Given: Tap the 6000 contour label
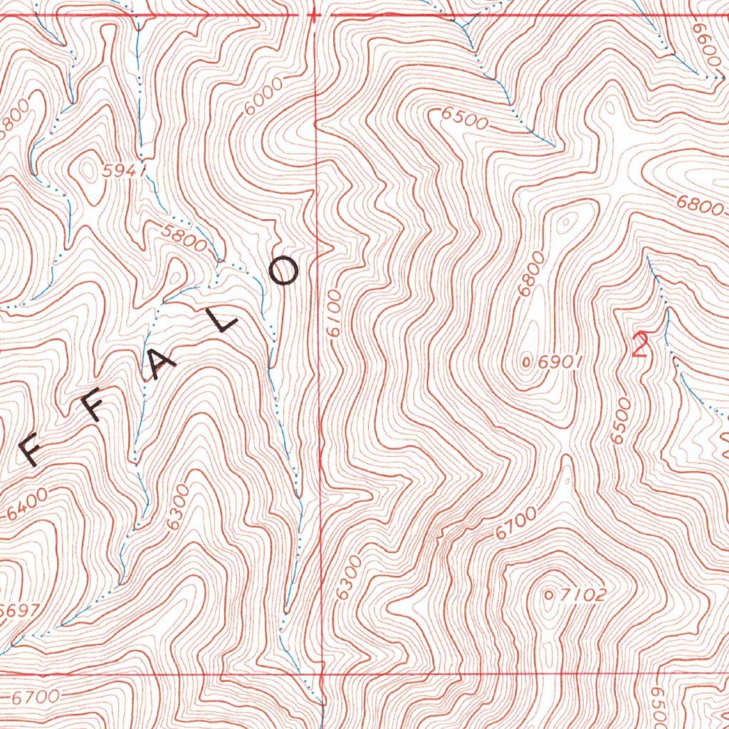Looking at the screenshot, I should coord(262,96).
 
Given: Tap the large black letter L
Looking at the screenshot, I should coord(227,322).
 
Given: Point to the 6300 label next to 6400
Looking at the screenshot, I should coord(177,506).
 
